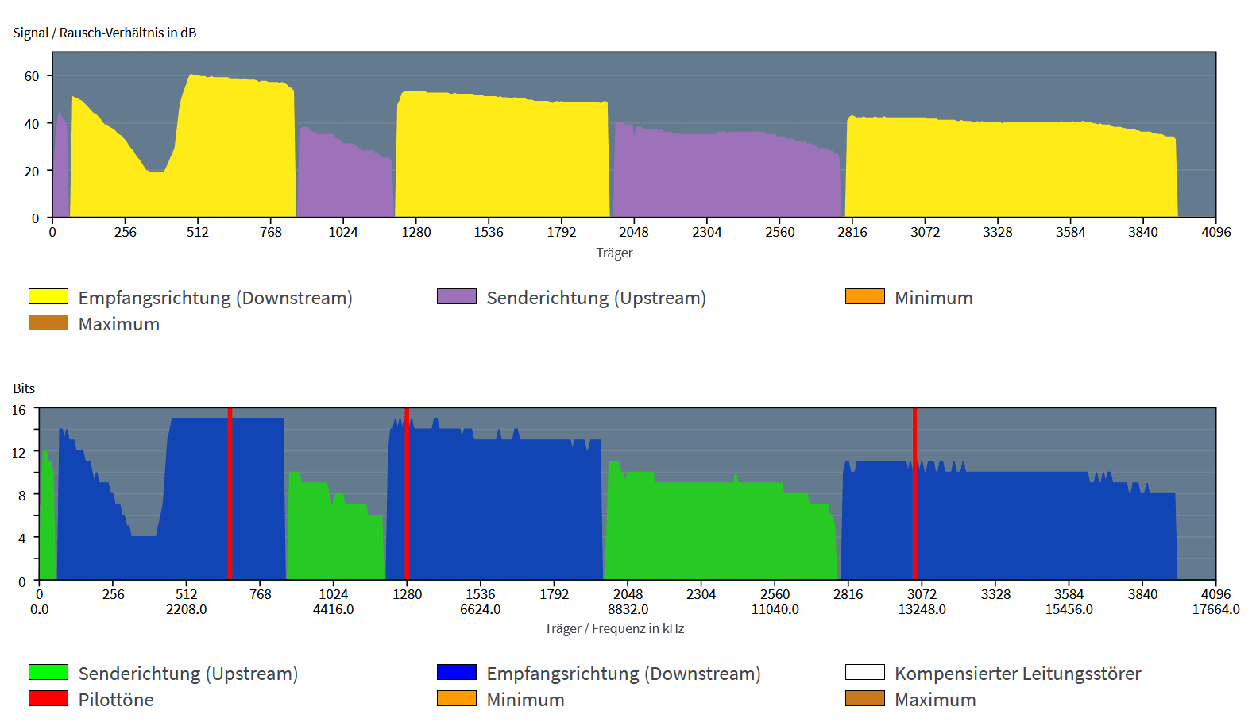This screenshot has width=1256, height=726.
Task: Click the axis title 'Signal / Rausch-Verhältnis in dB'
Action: pyautogui.click(x=104, y=33)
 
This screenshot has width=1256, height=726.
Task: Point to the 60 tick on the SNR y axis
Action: pyautogui.click(x=32, y=76)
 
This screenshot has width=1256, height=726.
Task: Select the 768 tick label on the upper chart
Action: pyautogui.click(x=270, y=232)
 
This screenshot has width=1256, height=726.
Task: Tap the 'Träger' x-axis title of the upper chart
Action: pyautogui.click(x=614, y=253)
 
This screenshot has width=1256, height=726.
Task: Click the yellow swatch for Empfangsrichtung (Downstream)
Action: pyautogui.click(x=48, y=296)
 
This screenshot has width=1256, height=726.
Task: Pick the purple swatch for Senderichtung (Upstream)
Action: pyautogui.click(x=457, y=296)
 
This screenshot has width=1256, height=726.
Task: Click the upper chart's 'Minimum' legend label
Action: pyautogui.click(x=933, y=298)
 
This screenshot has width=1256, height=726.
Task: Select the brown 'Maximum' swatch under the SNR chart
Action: pyautogui.click(x=48, y=322)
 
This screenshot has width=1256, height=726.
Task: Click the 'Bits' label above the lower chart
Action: pyautogui.click(x=24, y=388)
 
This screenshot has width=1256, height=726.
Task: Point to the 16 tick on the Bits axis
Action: pyautogui.click(x=19, y=410)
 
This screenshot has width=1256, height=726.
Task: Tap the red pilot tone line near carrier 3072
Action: pyautogui.click(x=914, y=492)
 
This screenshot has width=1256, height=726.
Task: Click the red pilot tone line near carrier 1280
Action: pyautogui.click(x=407, y=492)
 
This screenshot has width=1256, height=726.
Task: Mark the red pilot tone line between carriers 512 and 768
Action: pyautogui.click(x=230, y=492)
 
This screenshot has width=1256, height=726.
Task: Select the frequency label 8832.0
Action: pyautogui.click(x=628, y=609)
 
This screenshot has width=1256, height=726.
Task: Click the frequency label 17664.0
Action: pyautogui.click(x=1215, y=609)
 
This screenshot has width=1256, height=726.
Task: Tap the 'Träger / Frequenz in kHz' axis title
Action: pyautogui.click(x=614, y=628)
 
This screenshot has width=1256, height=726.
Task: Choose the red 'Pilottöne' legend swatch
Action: pyautogui.click(x=48, y=698)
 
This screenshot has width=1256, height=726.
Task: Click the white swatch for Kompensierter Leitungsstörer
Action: pyautogui.click(x=865, y=672)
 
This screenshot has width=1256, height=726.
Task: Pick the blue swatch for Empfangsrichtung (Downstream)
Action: pyautogui.click(x=457, y=672)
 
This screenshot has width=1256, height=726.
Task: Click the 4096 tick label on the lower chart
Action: pyautogui.click(x=1215, y=594)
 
